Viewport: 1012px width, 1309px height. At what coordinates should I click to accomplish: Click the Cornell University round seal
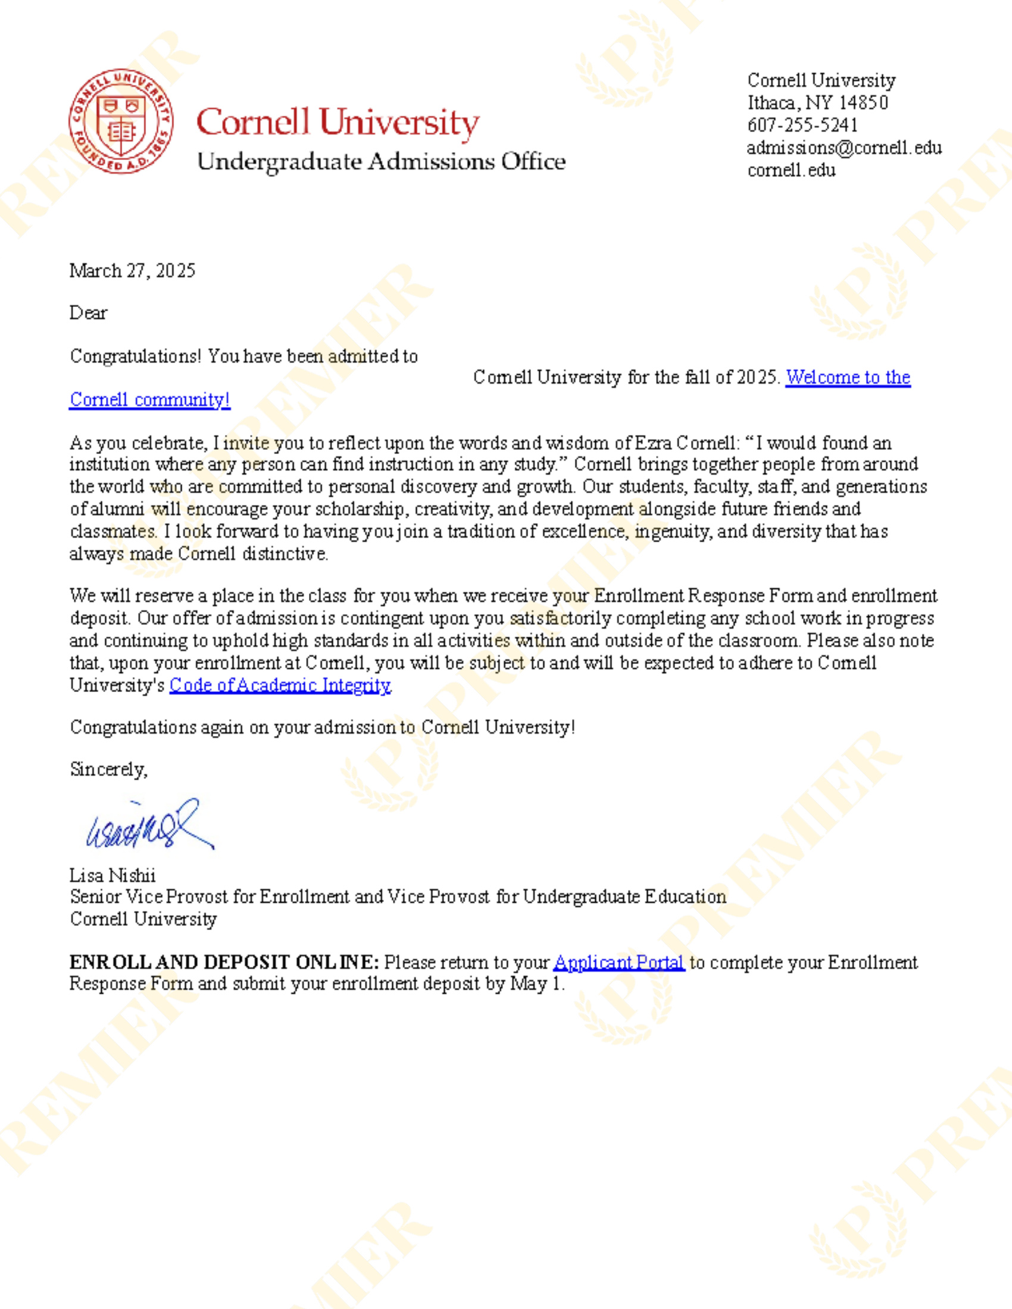(x=120, y=120)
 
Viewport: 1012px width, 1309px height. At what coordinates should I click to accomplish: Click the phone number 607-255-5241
(x=802, y=126)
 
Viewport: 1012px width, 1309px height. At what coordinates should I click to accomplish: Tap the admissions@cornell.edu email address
(x=844, y=148)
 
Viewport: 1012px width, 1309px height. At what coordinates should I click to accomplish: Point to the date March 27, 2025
(x=133, y=271)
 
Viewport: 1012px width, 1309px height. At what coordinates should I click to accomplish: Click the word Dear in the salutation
(x=88, y=313)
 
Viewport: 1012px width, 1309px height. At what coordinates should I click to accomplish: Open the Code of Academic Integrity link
(x=280, y=685)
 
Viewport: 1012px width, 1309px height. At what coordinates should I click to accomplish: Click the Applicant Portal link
(x=618, y=963)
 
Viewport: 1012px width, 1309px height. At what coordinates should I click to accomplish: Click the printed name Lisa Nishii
(x=113, y=876)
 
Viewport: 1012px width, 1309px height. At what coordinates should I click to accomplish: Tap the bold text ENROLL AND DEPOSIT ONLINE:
(x=224, y=963)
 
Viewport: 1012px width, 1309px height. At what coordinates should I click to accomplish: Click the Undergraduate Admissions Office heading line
(x=382, y=162)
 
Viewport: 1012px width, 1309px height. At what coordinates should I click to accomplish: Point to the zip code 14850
(x=863, y=103)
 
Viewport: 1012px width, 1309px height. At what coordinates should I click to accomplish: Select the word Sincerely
(x=108, y=769)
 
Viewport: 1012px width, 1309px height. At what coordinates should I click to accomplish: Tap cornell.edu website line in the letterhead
(x=791, y=170)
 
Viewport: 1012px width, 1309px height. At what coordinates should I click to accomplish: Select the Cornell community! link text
(x=149, y=400)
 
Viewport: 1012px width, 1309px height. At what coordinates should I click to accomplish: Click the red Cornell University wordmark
(x=338, y=123)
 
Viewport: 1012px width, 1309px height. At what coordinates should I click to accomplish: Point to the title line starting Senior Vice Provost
(x=398, y=897)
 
